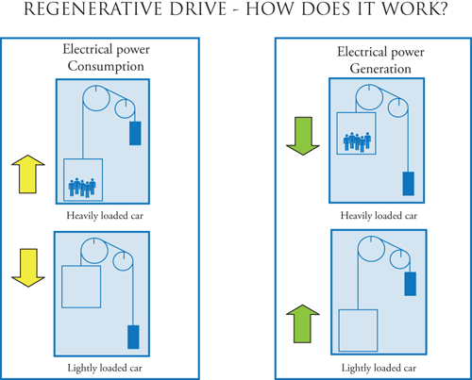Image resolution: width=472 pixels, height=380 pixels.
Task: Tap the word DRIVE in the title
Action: [x=198, y=8]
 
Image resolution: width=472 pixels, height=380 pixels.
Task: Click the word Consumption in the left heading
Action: [x=106, y=66]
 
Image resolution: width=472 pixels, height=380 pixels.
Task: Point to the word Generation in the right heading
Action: [x=380, y=69]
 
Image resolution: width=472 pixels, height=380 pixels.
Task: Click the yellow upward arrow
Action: [x=28, y=173]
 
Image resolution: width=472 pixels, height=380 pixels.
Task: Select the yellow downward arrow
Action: [x=28, y=268]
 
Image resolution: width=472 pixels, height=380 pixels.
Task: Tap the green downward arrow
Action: [x=303, y=136]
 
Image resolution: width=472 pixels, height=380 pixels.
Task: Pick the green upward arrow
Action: [x=303, y=323]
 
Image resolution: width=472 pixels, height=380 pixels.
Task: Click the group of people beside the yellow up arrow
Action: [x=82, y=188]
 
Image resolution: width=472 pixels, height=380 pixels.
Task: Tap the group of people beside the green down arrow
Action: [x=357, y=142]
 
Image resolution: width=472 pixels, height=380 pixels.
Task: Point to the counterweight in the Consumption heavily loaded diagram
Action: [x=135, y=133]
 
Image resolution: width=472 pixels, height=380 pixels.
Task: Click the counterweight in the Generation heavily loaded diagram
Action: [x=409, y=184]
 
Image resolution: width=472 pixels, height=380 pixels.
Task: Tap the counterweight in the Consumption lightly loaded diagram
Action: [x=133, y=337]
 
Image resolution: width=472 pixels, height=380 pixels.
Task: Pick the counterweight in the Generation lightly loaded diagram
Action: [x=411, y=284]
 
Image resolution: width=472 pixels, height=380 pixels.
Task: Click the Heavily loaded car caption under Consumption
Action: [x=105, y=216]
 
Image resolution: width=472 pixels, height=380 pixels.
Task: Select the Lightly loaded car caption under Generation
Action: [x=379, y=368]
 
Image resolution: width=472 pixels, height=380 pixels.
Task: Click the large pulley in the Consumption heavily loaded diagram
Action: [x=83, y=98]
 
